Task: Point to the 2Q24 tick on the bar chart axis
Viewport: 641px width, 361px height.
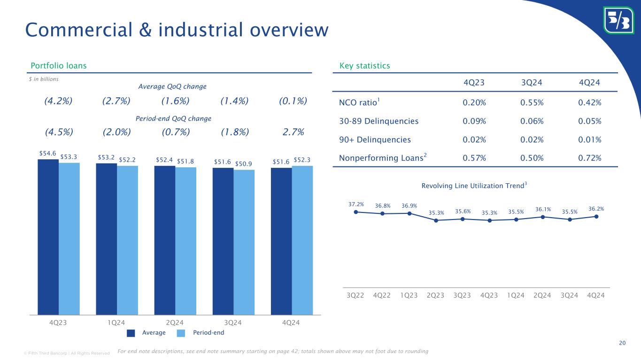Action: (x=175, y=322)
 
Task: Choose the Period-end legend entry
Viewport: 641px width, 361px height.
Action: (x=208, y=333)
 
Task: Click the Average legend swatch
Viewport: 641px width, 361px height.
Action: (x=131, y=333)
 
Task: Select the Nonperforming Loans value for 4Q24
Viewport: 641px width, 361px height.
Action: (x=590, y=157)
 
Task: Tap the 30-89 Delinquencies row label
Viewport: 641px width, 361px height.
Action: (x=378, y=121)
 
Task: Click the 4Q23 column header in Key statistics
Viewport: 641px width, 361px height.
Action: (x=474, y=82)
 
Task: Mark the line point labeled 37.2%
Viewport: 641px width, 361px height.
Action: (x=356, y=212)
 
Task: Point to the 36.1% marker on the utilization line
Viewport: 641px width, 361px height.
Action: (x=542, y=217)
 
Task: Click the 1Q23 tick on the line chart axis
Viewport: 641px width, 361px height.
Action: (x=409, y=295)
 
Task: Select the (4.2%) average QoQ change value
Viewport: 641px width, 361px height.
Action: (x=59, y=102)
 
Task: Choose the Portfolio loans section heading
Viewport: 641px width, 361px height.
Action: (x=58, y=66)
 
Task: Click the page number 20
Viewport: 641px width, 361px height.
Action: (x=622, y=343)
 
